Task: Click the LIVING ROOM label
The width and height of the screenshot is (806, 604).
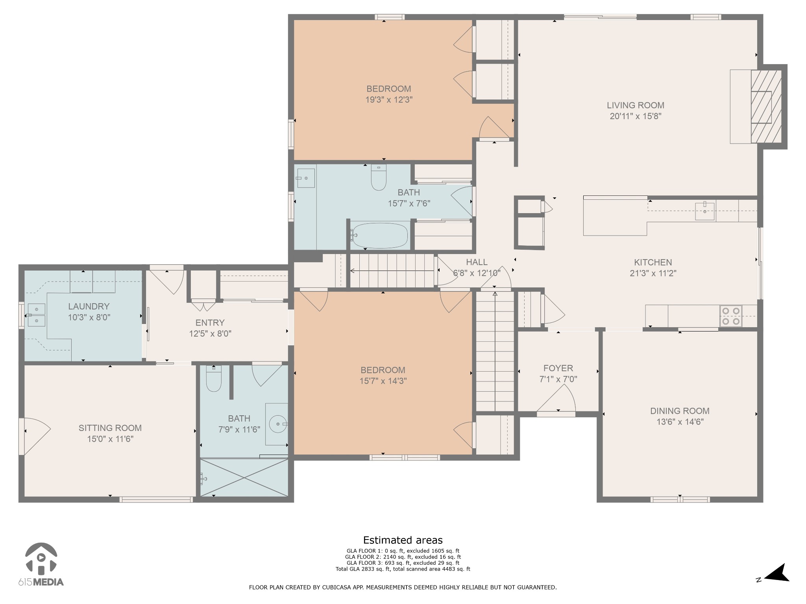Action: click(635, 105)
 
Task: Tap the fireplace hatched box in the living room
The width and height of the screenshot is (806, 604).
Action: click(765, 107)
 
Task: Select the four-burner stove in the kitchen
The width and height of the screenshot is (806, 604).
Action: click(731, 316)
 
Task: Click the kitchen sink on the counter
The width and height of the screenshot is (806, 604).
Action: click(704, 211)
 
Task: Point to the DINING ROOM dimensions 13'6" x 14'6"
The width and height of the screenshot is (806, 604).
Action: click(680, 422)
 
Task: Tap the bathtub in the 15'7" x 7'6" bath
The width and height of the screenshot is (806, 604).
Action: click(380, 236)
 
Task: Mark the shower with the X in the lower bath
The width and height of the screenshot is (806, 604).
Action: click(244, 477)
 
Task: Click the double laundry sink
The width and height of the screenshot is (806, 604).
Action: click(37, 315)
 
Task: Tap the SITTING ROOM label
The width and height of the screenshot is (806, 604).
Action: click(110, 428)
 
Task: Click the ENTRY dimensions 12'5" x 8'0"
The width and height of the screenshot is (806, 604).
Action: click(210, 333)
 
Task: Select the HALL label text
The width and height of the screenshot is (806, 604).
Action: click(477, 262)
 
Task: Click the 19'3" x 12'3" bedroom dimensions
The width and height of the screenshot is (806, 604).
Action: click(388, 100)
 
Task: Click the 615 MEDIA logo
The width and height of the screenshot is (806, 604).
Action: click(41, 564)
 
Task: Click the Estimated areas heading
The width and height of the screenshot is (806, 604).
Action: click(403, 540)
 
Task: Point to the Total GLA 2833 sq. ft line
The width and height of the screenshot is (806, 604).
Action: click(403, 569)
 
